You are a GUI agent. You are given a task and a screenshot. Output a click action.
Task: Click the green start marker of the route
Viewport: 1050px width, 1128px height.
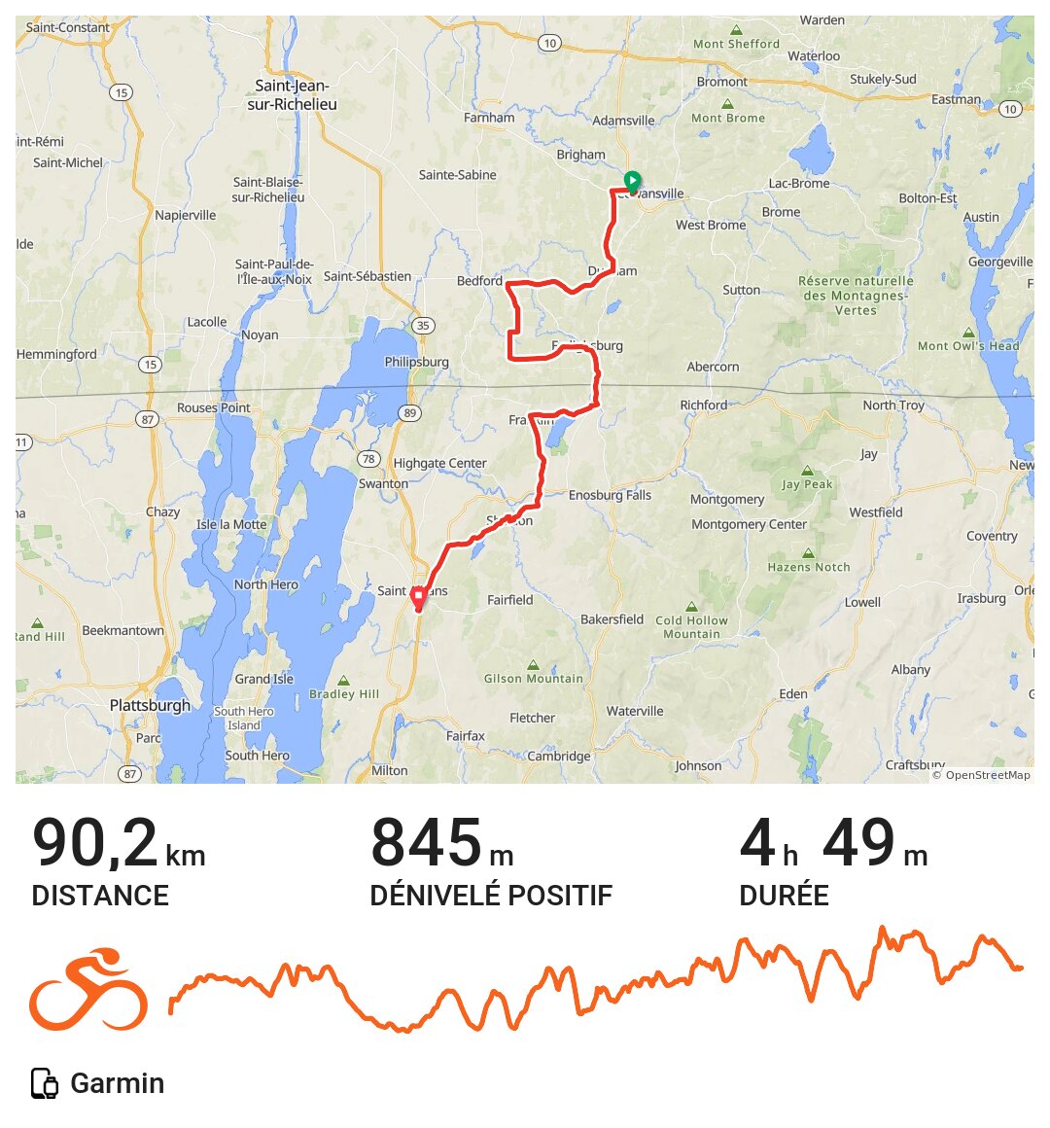tap(632, 181)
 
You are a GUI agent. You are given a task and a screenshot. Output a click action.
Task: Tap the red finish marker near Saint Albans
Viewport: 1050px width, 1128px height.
tap(418, 598)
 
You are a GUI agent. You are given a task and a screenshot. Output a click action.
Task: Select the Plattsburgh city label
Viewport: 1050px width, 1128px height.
tap(150, 705)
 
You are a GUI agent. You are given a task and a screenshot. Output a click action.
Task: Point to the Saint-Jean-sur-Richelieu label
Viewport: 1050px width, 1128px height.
tap(292, 94)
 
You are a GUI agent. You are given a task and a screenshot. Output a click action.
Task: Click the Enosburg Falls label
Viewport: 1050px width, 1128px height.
tap(610, 495)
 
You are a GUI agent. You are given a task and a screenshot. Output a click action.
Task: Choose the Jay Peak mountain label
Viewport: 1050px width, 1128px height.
tap(807, 484)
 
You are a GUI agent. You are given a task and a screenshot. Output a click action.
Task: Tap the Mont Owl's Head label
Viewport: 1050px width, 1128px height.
tap(968, 345)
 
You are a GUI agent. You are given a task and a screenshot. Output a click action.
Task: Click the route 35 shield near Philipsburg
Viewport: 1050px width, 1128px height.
tap(423, 326)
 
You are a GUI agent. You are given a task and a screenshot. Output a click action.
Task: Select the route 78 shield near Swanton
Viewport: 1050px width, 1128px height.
tap(367, 459)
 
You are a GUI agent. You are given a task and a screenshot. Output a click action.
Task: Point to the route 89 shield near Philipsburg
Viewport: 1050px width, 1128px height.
tap(410, 413)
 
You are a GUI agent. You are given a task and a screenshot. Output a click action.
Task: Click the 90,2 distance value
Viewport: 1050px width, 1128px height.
tap(95, 844)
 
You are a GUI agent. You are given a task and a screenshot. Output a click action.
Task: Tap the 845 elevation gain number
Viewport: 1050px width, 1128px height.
tap(426, 844)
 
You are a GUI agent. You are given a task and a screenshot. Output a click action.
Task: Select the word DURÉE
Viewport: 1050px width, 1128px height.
tap(784, 896)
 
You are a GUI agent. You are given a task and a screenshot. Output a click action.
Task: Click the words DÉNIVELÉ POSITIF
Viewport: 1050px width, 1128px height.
tap(491, 896)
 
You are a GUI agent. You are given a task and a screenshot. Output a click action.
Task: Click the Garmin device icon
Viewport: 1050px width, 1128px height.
tap(45, 1083)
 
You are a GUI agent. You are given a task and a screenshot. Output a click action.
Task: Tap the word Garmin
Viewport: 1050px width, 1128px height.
tap(118, 1083)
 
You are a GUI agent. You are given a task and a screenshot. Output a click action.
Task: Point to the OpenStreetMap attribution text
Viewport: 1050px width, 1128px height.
tap(981, 775)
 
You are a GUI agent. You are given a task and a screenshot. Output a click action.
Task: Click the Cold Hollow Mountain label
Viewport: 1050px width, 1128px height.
tap(691, 627)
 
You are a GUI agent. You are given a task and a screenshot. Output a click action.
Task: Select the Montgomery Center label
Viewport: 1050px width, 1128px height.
tap(749, 524)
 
